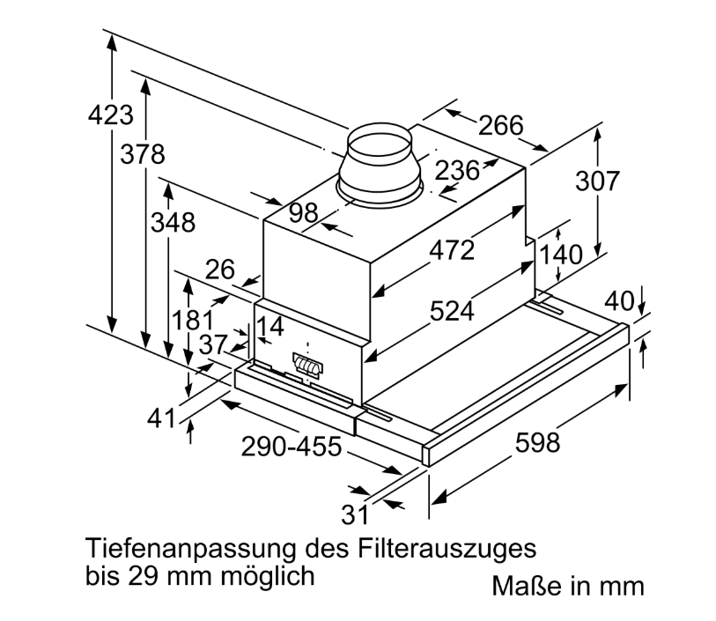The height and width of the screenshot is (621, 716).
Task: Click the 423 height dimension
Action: point(111,115)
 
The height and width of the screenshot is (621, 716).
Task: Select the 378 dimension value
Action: point(143,155)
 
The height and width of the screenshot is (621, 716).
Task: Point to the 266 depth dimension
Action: point(500,126)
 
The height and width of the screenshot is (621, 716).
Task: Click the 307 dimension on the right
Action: point(598,181)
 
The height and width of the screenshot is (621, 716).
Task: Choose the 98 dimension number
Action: point(303,212)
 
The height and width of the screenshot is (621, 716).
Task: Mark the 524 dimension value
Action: point(451,310)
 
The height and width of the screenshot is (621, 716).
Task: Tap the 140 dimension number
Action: point(561,255)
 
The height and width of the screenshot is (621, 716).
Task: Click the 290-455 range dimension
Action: point(291,447)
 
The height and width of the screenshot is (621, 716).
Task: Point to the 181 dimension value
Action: point(194,321)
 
